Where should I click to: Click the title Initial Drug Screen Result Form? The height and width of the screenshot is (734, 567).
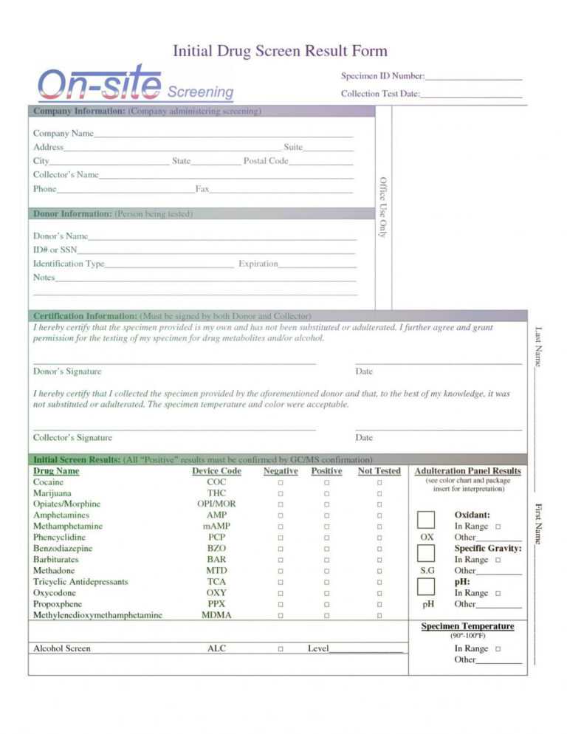(x=280, y=51)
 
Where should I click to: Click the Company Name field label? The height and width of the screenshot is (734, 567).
(x=63, y=134)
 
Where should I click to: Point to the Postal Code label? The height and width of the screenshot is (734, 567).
(x=266, y=161)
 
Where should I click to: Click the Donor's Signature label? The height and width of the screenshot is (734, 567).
(x=67, y=371)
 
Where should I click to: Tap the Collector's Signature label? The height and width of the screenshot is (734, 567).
(x=72, y=438)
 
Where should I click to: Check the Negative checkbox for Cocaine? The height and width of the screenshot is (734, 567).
(x=281, y=482)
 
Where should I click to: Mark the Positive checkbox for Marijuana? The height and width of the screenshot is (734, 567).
(x=326, y=493)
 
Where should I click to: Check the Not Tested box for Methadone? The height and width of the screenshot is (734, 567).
(x=379, y=571)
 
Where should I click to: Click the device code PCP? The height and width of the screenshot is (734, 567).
(x=216, y=538)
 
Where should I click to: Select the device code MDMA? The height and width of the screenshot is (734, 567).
(x=216, y=615)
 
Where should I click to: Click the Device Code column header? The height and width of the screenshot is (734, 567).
(x=216, y=471)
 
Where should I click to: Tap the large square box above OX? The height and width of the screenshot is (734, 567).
(x=426, y=519)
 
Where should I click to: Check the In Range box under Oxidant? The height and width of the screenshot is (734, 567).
(x=498, y=527)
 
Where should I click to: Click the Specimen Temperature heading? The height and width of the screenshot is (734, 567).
(x=467, y=626)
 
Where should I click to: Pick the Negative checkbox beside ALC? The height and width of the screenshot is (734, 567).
(x=281, y=649)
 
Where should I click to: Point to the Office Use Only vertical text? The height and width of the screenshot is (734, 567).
(x=382, y=207)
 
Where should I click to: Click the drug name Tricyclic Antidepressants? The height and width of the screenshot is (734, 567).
(x=80, y=582)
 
